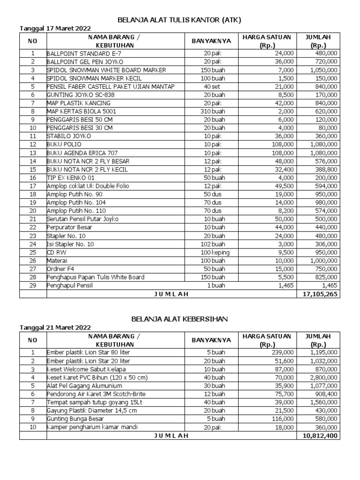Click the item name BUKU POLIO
[64, 144]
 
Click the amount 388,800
[324, 169]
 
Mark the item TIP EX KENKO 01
[71, 178]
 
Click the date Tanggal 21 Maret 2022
[55, 328]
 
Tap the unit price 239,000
[282, 352]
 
